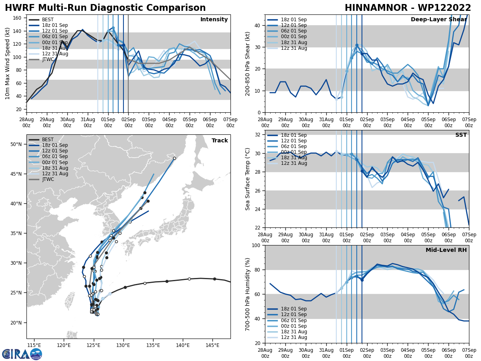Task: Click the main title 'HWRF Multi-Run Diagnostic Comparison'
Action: pos(105,8)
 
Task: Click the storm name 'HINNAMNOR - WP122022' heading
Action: pos(408,8)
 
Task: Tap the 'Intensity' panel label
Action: pos(214,20)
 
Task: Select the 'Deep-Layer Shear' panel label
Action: pos(439,20)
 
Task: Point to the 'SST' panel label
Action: pos(461,135)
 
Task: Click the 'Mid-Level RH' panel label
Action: pos(446,250)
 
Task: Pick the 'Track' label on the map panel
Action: pos(220,141)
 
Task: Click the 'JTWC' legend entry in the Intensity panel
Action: pos(49,60)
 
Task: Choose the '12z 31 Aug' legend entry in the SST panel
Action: pos(294,163)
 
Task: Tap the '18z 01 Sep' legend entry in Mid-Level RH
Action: pos(294,309)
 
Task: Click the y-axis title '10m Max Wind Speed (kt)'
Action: pos(8,63)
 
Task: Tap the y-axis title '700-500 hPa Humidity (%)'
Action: pos(248,294)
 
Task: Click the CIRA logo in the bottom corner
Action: pos(22,354)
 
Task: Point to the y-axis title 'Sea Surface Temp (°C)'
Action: pos(248,179)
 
